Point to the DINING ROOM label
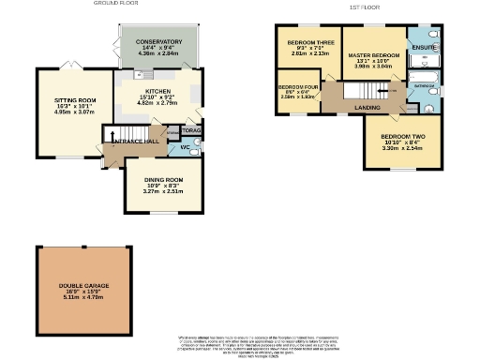click(163, 179)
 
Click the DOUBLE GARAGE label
click(83, 284)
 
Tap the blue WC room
click(187, 148)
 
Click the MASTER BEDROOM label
click(374, 56)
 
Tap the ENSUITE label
click(425, 47)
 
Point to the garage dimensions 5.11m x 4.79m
click(83, 298)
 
